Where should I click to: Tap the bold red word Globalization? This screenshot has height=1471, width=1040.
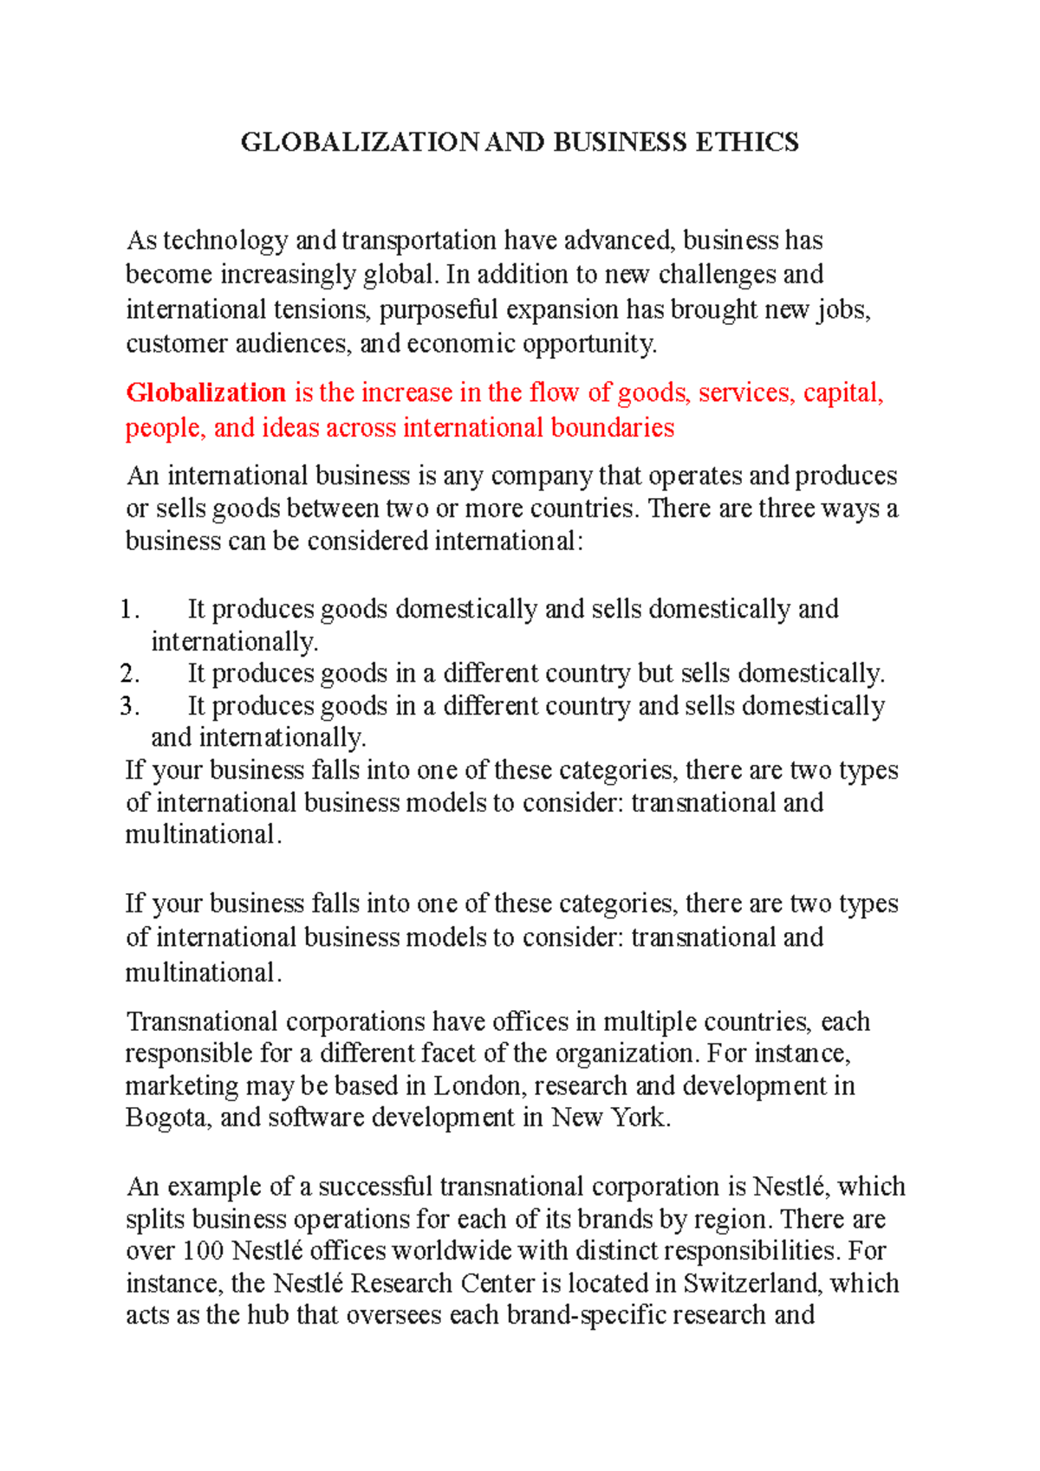(x=206, y=392)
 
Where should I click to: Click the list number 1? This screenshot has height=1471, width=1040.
(x=128, y=609)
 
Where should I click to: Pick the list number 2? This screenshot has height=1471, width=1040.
(x=129, y=673)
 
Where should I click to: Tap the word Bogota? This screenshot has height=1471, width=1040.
(x=167, y=1118)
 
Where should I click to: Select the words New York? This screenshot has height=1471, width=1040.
(x=610, y=1118)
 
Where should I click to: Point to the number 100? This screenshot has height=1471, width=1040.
(x=204, y=1251)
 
